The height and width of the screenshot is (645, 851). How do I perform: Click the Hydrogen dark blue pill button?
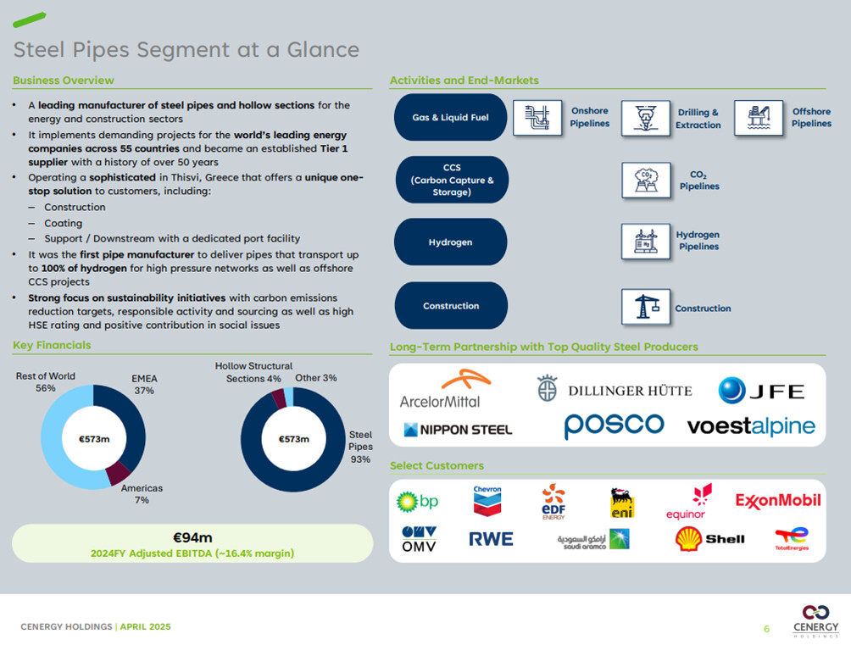(x=451, y=242)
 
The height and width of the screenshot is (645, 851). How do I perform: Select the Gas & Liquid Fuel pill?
(x=451, y=118)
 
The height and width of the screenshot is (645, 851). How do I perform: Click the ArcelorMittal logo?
(x=440, y=390)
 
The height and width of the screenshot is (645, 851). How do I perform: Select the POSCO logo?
(x=615, y=425)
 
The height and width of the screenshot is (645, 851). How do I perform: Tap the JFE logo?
(x=760, y=391)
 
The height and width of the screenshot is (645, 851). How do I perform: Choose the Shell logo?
(x=709, y=538)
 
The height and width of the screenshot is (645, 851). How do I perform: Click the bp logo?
(x=418, y=502)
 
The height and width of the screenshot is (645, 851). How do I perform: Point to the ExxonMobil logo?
(x=778, y=500)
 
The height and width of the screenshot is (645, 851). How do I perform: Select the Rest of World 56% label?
(x=46, y=382)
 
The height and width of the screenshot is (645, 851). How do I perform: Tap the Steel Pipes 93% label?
(x=360, y=447)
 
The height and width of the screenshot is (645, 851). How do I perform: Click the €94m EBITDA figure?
(x=192, y=537)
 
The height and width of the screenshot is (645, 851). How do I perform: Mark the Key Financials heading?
(x=52, y=345)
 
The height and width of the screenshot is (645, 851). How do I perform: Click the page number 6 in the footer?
(x=766, y=628)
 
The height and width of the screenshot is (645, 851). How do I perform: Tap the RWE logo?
(x=491, y=538)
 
